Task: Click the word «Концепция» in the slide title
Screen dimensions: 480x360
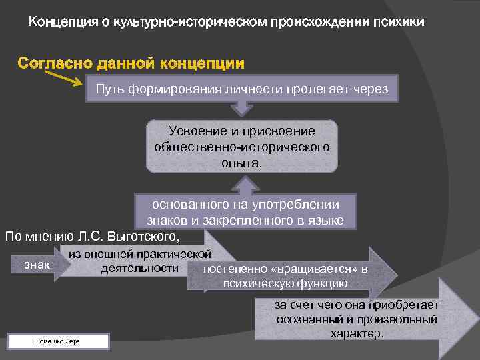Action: [x=59, y=23]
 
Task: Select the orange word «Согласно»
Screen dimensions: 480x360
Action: [x=55, y=64]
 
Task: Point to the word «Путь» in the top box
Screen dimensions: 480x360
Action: [x=109, y=89]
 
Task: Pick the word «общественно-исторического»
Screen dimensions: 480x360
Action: [x=241, y=146]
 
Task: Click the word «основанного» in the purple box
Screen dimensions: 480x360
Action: [x=187, y=205]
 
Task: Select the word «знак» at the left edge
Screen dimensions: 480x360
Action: [x=36, y=265]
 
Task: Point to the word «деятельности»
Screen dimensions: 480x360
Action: [x=140, y=268]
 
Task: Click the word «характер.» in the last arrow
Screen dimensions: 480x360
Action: [x=357, y=333]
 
